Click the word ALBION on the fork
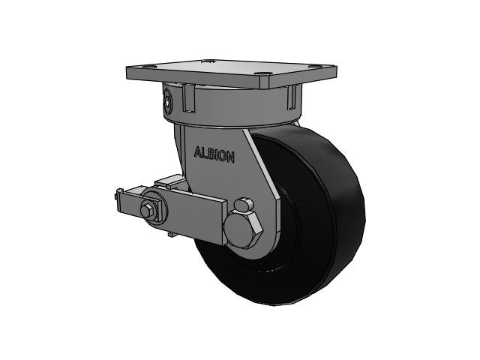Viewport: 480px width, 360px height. (214, 155)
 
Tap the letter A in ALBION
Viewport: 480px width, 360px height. (198, 154)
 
